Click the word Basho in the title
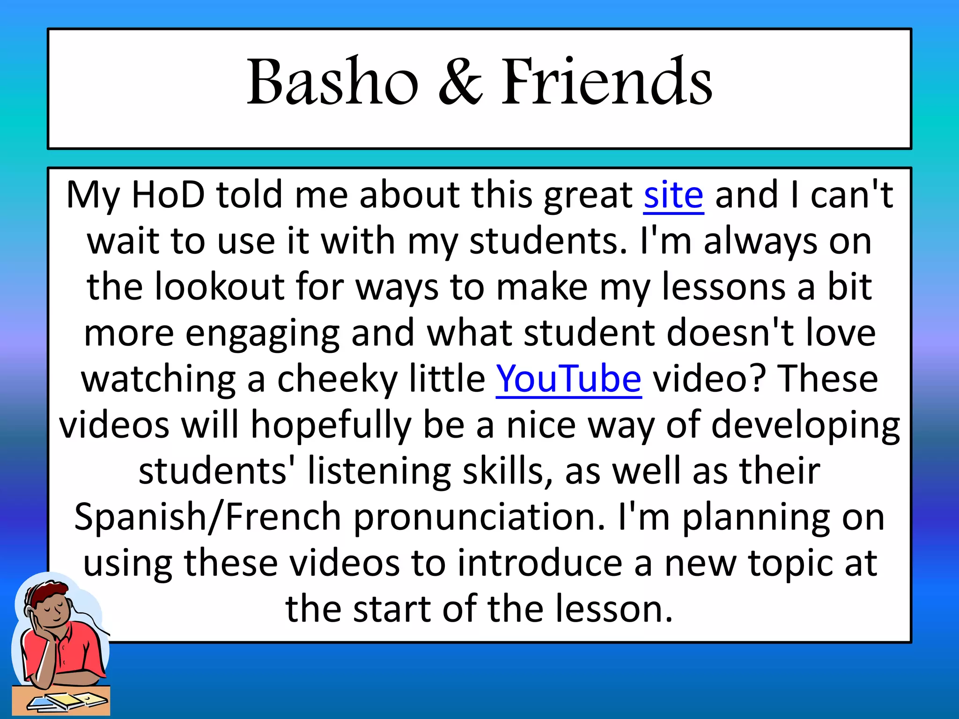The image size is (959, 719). pos(332,82)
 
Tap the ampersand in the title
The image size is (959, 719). pos(460,82)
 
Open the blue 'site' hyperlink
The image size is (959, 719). pos(673,195)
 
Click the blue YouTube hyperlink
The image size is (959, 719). pos(568,379)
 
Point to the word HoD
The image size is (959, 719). pos(169,195)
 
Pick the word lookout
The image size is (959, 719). pos(219,287)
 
